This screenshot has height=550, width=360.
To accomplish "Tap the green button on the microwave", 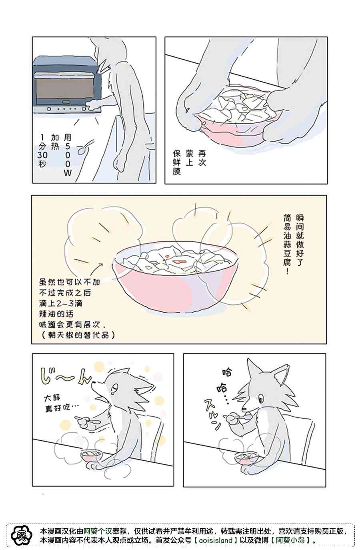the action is tap(66, 102).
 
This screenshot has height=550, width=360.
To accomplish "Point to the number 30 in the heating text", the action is tap(42, 155).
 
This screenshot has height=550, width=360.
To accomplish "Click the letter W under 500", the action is tap(68, 173).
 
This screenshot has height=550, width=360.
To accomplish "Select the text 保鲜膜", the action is tap(177, 162).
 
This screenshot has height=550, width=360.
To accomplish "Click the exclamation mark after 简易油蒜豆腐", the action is tap(287, 271).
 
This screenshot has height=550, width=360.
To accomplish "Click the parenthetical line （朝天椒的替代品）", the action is tap(78, 335).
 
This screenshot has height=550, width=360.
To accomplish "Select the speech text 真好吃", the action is tap(58, 408).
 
